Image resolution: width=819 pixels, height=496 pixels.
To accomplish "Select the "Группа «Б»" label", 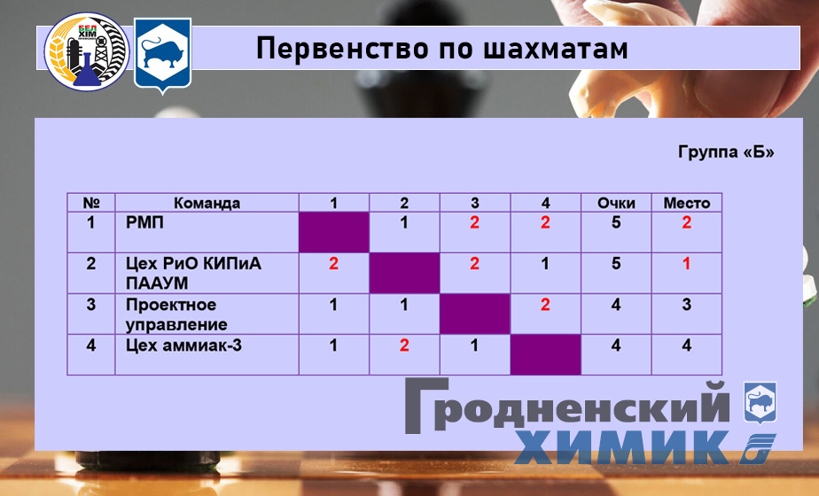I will (726, 152).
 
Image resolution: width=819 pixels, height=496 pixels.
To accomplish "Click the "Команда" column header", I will (207, 203).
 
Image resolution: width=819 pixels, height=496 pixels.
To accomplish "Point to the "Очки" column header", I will (616, 203).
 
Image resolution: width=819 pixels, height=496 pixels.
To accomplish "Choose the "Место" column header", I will (686, 203).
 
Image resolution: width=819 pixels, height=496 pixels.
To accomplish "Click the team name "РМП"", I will (145, 223).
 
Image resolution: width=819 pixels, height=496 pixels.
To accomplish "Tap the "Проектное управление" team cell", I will (171, 314).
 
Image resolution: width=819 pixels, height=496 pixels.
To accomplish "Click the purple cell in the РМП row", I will (333, 233).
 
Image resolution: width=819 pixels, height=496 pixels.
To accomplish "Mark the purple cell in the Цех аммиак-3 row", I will (545, 355).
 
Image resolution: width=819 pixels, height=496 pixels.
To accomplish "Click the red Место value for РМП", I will (686, 223).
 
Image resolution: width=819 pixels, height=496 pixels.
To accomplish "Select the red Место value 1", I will (686, 264).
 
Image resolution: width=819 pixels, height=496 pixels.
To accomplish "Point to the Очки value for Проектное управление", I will (616, 305).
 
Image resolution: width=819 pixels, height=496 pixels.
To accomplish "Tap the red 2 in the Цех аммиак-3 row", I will (404, 345).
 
